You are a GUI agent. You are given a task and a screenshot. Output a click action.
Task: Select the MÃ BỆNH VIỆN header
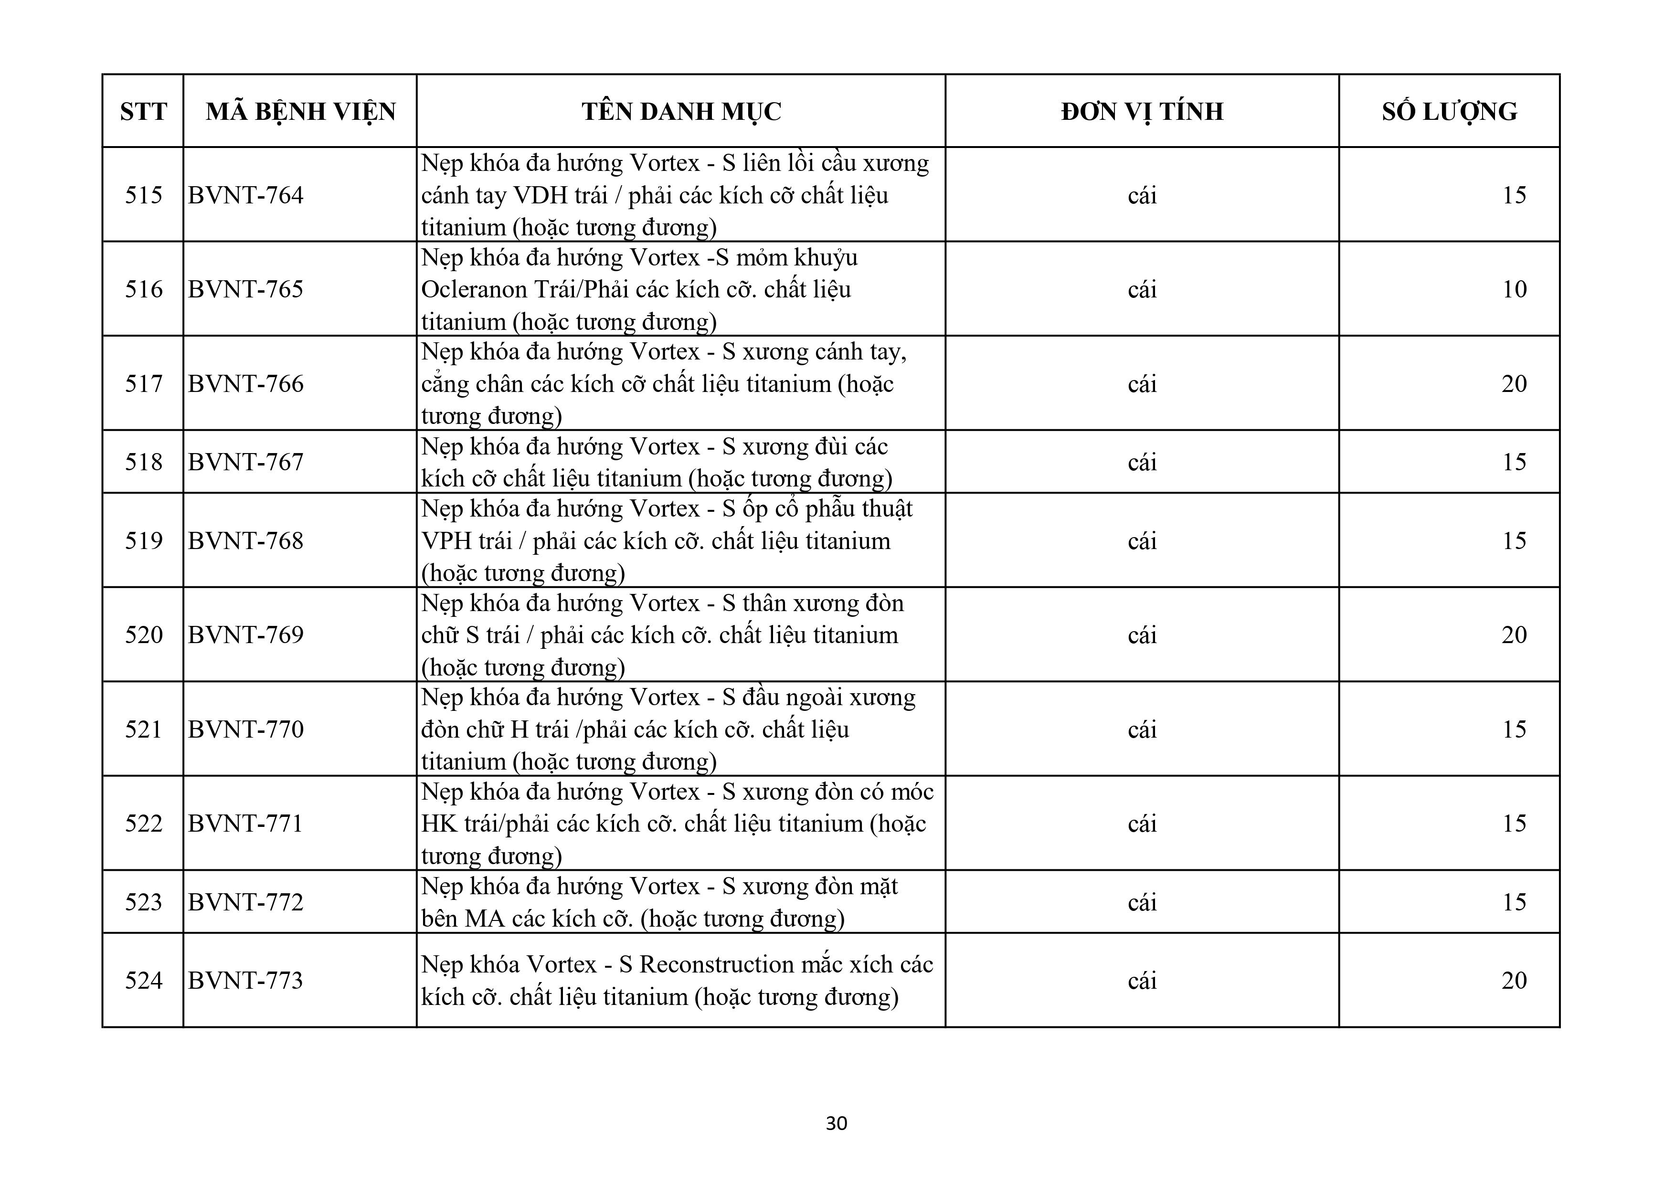point(300,112)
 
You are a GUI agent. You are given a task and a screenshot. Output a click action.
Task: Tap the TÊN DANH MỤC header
point(681,112)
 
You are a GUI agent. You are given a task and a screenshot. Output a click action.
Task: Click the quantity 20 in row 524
point(1514,981)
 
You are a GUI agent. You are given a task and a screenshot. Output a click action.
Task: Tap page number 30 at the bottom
point(836,1123)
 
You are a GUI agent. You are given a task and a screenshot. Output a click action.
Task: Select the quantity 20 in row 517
point(1514,384)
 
